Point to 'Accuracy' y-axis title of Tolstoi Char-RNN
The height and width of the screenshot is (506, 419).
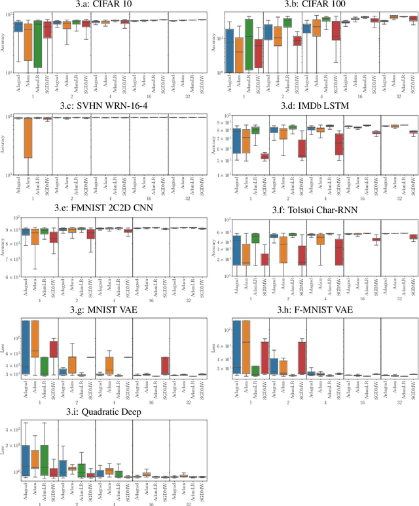coord(217,247)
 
